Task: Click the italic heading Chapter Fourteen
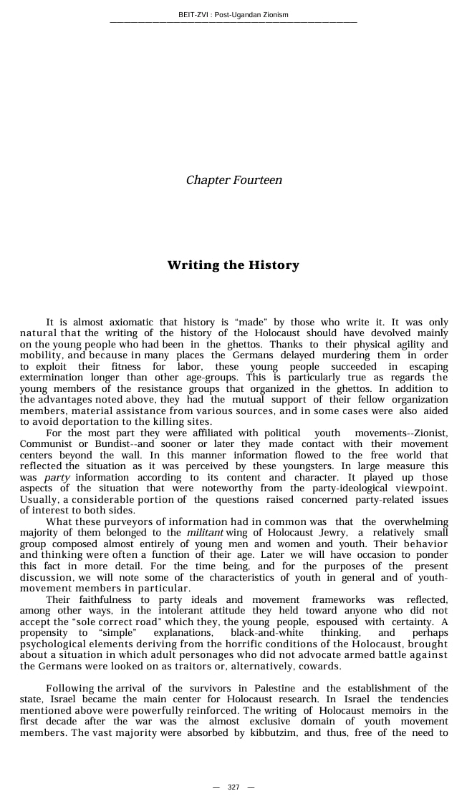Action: pos(233,180)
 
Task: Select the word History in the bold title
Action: pos(274,265)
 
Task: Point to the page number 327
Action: pos(233,787)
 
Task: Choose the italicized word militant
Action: pos(205,532)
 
